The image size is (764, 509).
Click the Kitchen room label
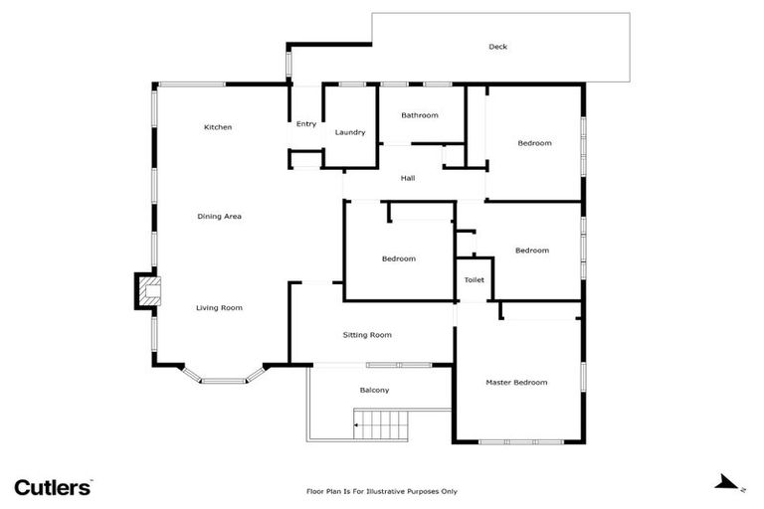pos(218,127)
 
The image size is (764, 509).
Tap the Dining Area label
pos(219,216)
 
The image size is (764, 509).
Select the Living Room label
pos(219,308)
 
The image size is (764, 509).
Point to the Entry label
pos(306,123)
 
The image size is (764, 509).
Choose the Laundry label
pos(350,132)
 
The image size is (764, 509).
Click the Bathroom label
pos(420,115)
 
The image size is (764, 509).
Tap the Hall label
pos(408,179)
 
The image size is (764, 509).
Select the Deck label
pos(498,47)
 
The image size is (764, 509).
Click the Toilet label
pos(475,280)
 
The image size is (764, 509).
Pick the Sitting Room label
pos(367,335)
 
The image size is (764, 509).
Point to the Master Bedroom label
pos(516,382)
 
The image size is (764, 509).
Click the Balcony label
pos(374,390)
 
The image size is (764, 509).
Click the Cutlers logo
pos(53,486)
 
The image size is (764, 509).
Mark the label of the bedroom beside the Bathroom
pos(534,143)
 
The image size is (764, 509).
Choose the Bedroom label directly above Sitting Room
pos(399,258)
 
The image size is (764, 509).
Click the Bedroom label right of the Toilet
pos(532,251)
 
